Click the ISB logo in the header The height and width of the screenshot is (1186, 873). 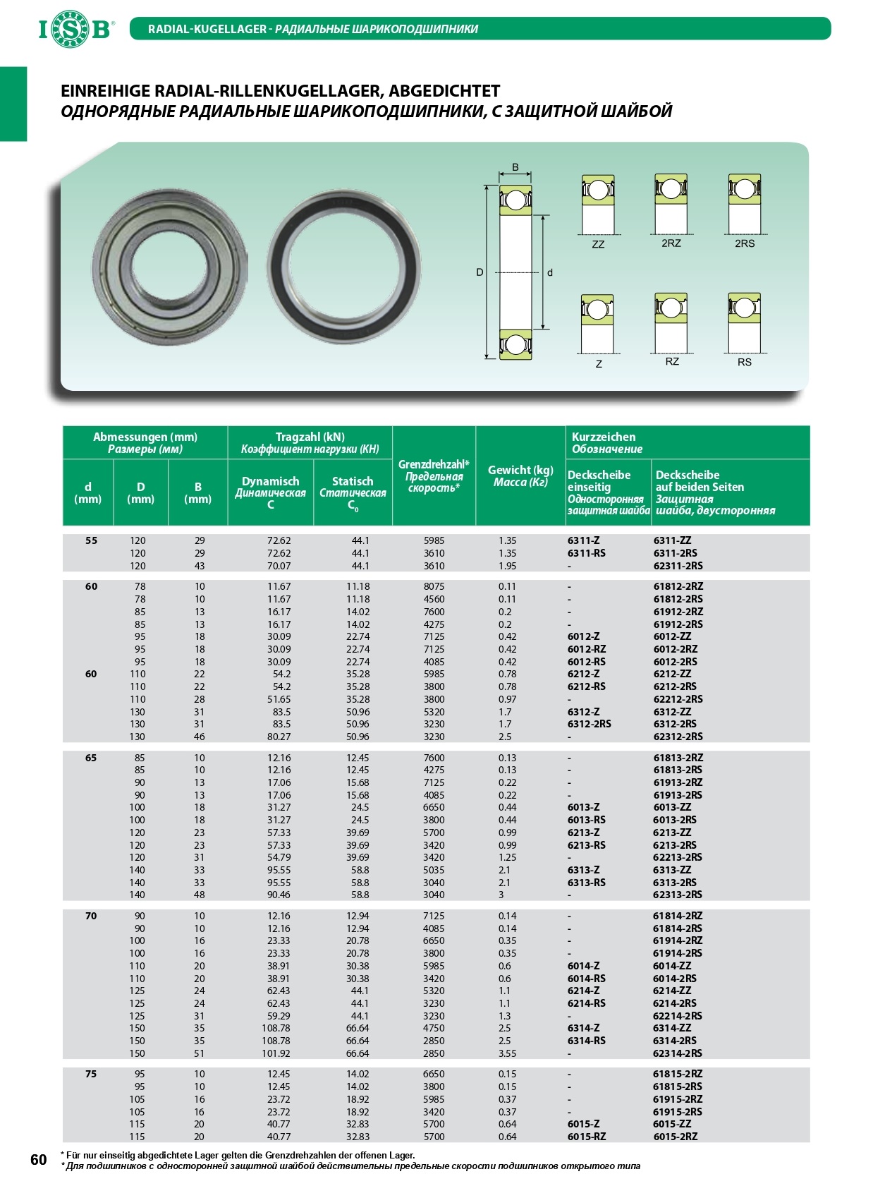point(75,29)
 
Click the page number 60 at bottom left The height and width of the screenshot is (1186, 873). point(38,1160)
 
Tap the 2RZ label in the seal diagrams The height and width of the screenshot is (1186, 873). point(671,243)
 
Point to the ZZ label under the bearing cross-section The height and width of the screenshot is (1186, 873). point(598,244)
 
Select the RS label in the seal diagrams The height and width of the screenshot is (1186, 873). point(745,362)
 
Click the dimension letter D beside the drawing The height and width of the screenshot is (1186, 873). point(480,272)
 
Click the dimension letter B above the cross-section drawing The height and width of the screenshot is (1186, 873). point(515,167)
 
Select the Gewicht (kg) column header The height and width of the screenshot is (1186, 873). point(520,476)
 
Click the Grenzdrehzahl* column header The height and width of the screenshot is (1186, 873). point(434,476)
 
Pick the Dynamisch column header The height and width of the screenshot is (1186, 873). point(270,481)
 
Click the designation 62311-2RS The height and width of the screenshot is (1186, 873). point(678,566)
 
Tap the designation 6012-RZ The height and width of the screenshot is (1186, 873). point(587,649)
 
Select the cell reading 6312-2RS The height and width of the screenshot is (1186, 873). point(590,724)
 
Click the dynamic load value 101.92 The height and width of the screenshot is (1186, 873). point(276,1053)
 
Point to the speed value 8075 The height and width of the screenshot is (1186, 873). point(434,586)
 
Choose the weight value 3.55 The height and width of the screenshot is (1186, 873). point(507,1053)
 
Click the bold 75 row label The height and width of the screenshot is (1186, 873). point(91,1074)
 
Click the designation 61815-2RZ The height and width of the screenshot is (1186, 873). point(678,1074)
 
